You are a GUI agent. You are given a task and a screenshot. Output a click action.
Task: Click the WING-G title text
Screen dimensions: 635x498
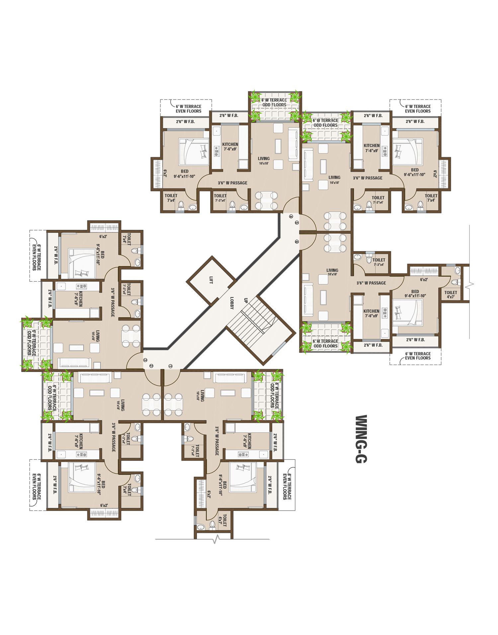[361, 439]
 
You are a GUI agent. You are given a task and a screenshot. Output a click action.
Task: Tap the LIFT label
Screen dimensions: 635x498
[211, 280]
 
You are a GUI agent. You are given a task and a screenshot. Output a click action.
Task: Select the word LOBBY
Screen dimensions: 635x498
[232, 303]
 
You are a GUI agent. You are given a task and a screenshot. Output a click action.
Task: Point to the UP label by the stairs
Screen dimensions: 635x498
[246, 301]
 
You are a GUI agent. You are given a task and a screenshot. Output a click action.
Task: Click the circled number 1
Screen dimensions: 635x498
[170, 366]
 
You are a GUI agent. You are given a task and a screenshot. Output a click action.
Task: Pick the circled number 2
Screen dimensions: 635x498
[151, 366]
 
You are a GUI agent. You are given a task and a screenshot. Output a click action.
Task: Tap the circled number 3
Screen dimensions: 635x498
[145, 360]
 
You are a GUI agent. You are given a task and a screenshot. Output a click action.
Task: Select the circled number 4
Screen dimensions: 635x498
[291, 216]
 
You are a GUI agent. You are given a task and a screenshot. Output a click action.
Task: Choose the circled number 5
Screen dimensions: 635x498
[296, 223]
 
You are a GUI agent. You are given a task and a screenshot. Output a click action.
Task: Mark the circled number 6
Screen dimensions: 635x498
[297, 242]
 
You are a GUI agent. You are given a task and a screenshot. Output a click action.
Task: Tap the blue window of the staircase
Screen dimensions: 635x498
[279, 348]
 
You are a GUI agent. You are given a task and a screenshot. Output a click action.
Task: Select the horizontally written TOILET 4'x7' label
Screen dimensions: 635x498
[451, 294]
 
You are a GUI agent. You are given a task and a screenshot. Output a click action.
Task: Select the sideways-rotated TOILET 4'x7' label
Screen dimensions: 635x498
[222, 520]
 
